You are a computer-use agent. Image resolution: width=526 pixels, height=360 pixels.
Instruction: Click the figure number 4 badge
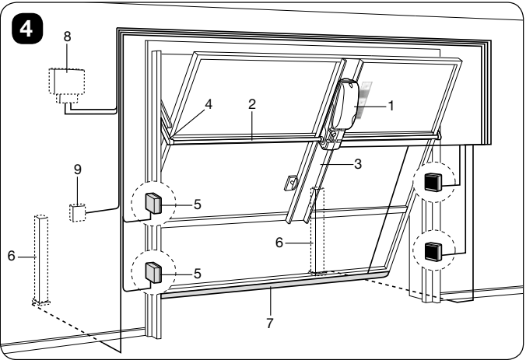[27, 30]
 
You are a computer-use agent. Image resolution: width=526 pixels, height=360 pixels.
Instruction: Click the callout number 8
[68, 37]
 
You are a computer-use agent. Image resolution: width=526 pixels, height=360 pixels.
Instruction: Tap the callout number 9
[78, 170]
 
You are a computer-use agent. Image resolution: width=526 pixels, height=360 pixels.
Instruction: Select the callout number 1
[391, 106]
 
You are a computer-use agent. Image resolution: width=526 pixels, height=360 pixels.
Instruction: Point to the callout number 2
[252, 105]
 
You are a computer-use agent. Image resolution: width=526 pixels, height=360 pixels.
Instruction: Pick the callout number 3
[358, 164]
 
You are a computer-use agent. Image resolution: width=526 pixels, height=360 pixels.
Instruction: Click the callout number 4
[209, 104]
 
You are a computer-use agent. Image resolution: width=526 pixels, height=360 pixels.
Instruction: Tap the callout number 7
[270, 323]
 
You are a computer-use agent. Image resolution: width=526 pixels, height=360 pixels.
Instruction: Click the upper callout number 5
[198, 204]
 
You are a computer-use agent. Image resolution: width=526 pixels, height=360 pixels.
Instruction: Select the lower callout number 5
[198, 274]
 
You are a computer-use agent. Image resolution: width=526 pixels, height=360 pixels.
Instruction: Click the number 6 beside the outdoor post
[12, 256]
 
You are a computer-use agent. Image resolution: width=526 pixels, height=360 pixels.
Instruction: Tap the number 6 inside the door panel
[279, 243]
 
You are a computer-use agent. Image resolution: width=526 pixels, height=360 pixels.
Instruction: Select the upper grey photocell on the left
[153, 203]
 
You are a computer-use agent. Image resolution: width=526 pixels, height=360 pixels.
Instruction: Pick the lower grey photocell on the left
[153, 272]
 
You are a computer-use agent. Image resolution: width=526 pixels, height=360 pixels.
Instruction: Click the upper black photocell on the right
[433, 182]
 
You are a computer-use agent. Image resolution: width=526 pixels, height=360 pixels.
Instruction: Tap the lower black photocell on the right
[433, 251]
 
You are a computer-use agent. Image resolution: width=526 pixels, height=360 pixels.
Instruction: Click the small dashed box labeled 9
[78, 213]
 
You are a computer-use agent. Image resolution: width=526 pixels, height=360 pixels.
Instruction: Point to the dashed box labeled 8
[67, 86]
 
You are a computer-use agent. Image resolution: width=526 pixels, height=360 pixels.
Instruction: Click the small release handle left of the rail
[290, 183]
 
